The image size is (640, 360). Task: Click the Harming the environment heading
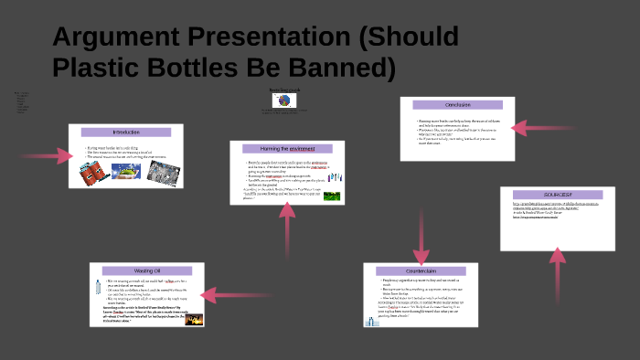pyautogui.click(x=286, y=148)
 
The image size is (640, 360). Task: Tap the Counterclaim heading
pyautogui.click(x=421, y=271)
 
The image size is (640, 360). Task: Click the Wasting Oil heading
pyautogui.click(x=146, y=270)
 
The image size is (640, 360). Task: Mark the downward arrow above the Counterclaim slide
pyautogui.click(x=421, y=240)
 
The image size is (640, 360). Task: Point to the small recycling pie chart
pyautogui.click(x=283, y=100)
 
